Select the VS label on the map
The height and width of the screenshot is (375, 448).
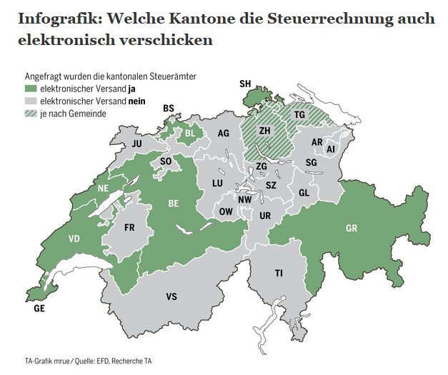click(171, 296)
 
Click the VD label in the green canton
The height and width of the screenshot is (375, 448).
click(74, 239)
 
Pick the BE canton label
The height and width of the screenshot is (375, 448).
click(173, 204)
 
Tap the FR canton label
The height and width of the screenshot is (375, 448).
click(130, 229)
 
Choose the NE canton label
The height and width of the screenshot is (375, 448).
click(103, 188)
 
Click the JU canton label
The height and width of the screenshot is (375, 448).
click(138, 144)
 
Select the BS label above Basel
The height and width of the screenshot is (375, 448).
click(169, 109)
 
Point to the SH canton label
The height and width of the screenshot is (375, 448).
click(245, 84)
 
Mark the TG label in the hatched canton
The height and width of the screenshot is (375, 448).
click(299, 115)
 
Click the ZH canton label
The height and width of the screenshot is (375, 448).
click(264, 131)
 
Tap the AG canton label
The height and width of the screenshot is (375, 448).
click(224, 134)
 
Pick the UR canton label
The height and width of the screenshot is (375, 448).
click(265, 215)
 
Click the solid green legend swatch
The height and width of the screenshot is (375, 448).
click(30, 89)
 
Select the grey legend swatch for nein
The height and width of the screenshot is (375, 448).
click(30, 101)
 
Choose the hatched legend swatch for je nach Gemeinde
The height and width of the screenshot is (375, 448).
click(30, 114)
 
